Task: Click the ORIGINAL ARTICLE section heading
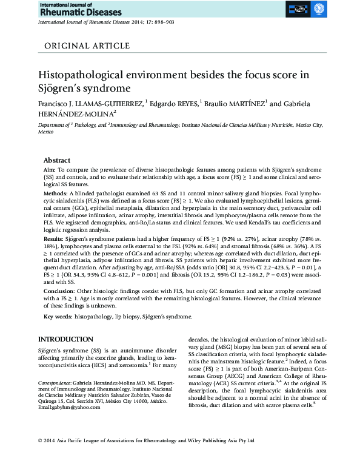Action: click(x=87, y=45)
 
